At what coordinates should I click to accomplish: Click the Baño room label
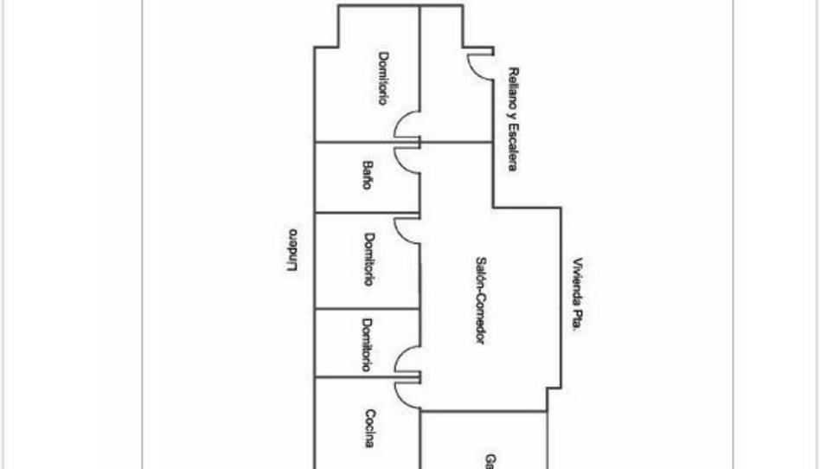[368, 176]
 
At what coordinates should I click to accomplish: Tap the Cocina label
[369, 428]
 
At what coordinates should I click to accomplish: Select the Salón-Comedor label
[480, 299]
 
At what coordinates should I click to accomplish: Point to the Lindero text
[292, 250]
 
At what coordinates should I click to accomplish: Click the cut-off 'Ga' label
[490, 461]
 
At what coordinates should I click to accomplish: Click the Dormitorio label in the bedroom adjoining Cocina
[367, 345]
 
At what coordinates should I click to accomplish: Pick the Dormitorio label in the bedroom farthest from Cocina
[381, 79]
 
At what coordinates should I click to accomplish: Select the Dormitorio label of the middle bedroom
[368, 260]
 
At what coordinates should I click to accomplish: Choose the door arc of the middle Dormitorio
[404, 229]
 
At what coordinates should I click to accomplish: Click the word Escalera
[512, 146]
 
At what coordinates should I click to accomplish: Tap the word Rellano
[513, 87]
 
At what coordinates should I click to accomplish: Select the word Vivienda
[578, 282]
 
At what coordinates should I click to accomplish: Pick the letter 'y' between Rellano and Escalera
[513, 113]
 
